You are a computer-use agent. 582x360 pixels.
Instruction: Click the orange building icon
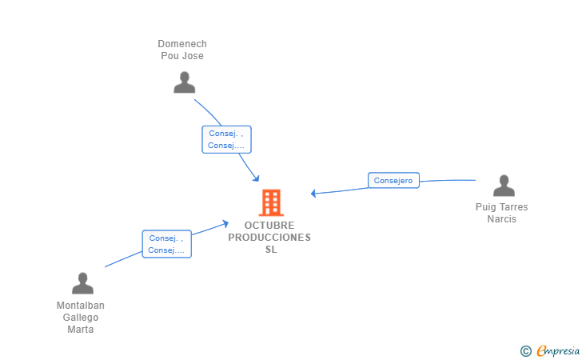coord(271,203)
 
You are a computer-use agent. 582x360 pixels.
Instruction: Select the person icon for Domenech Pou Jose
coord(185,82)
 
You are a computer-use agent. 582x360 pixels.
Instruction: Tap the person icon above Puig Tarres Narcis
coord(504,186)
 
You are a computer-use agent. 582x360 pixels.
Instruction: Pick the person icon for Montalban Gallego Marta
coord(82,283)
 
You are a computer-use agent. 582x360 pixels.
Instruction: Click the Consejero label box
coord(393,181)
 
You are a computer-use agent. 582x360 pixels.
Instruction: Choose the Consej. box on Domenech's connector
coord(226,139)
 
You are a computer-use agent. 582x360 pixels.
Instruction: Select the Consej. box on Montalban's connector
coord(166,244)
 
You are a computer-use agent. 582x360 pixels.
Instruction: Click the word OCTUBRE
coord(269,226)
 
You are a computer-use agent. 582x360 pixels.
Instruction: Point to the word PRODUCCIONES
coord(269,238)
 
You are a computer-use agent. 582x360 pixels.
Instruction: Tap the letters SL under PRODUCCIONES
coord(271,250)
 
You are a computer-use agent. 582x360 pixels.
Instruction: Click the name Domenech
coord(182,44)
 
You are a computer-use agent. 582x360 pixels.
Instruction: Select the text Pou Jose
coord(182,56)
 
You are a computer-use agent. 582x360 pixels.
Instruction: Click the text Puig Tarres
coord(502,207)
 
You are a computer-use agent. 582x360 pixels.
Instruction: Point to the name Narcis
coord(502,219)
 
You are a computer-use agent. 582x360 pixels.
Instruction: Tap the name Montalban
coord(81,306)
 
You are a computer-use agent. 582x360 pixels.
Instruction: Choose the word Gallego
coord(81,318)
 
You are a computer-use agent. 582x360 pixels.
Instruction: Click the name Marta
coord(81,330)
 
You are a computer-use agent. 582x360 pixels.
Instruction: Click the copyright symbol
coord(525,350)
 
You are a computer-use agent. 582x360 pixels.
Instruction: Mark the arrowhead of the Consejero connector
coord(313,193)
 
